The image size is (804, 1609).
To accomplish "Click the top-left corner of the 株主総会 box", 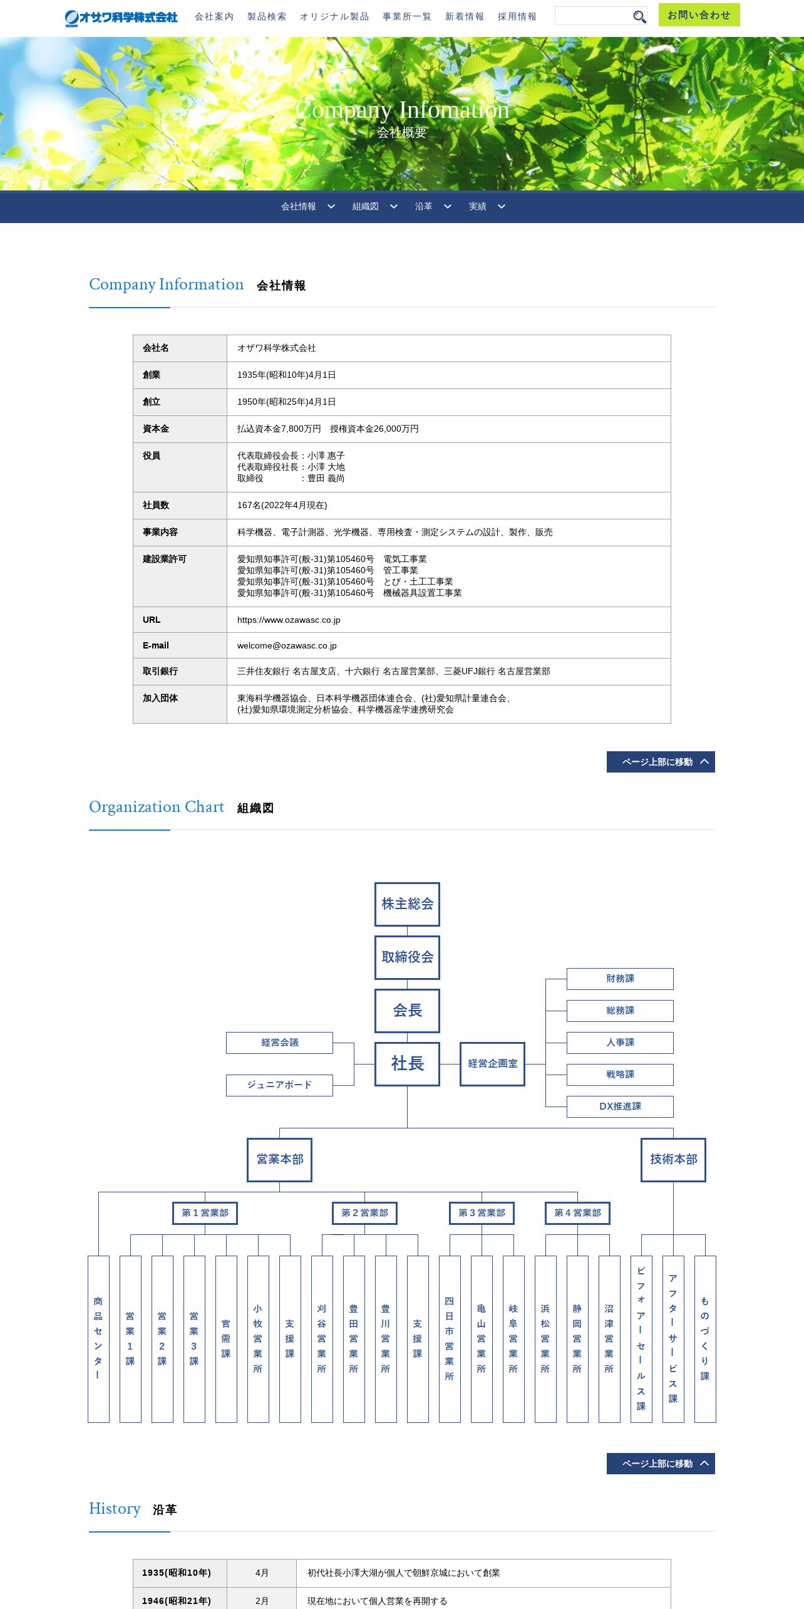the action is click(375, 883).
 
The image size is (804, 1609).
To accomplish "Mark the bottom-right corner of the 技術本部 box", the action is click(706, 1182).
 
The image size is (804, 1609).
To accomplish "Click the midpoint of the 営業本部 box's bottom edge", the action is click(279, 1182).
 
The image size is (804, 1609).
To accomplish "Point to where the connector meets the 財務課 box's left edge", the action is click(567, 979).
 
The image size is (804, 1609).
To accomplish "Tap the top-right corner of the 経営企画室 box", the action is click(525, 1043).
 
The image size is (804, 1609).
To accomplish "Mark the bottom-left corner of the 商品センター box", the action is click(88, 1422).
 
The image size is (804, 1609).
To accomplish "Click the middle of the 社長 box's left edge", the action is click(375, 1064).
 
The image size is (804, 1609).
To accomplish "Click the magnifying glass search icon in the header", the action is click(639, 17).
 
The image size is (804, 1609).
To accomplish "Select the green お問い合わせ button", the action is click(699, 15).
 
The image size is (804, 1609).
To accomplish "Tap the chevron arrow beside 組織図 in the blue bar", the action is click(394, 206).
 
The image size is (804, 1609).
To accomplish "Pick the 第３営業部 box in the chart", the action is click(482, 1213).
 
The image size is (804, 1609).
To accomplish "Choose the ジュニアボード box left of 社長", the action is click(279, 1085).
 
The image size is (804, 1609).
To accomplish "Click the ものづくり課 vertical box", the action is click(705, 1339).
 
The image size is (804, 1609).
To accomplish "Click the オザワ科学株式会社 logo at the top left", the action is click(121, 18).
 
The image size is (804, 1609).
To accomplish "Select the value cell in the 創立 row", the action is click(448, 402).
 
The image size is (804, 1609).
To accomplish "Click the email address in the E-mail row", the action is click(287, 645).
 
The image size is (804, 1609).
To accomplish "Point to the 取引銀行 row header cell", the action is click(180, 672).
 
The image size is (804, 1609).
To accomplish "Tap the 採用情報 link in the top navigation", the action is click(517, 17).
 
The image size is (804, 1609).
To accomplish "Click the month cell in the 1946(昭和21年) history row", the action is click(262, 1600).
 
